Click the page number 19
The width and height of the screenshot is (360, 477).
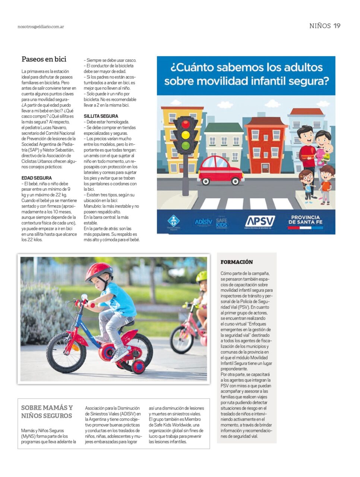[x=337, y=26]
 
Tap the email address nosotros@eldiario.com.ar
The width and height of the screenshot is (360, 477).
[x=41, y=27]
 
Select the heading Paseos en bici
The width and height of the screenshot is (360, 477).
[x=44, y=59]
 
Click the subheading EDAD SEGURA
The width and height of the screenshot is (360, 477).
[x=37, y=178]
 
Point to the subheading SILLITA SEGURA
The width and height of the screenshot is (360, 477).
[x=101, y=116]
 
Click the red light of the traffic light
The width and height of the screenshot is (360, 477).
[x=185, y=124]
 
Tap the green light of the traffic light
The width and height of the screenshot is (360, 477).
[x=185, y=145]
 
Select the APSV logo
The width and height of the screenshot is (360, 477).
[x=260, y=222]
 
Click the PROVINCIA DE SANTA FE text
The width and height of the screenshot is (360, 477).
[x=305, y=220]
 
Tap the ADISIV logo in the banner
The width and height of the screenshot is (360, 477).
[x=203, y=222]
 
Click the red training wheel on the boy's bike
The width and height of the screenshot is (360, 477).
[x=138, y=367]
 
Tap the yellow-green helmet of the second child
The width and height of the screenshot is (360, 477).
[x=202, y=276]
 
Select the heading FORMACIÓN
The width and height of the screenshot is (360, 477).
[x=237, y=262]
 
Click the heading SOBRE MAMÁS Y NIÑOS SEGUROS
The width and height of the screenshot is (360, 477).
[x=47, y=412]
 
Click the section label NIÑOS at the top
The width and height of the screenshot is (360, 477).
[x=320, y=26]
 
